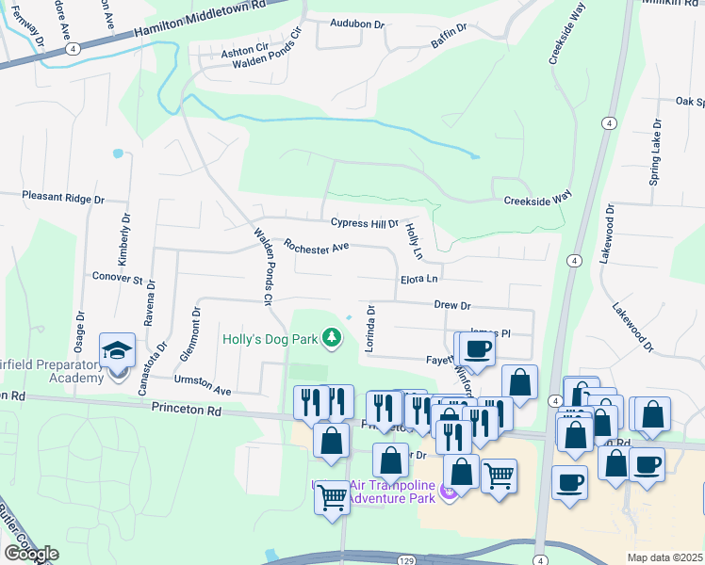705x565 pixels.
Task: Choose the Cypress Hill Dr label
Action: click(x=365, y=223)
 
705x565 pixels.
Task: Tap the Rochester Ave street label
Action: click(x=317, y=246)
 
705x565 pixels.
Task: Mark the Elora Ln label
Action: click(x=419, y=279)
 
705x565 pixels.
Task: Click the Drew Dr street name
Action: click(x=451, y=305)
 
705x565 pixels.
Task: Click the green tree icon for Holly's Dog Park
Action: click(x=331, y=336)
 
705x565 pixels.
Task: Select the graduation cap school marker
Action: click(x=118, y=351)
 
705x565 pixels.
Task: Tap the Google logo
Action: click(x=31, y=554)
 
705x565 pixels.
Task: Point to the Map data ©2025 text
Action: click(x=665, y=557)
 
